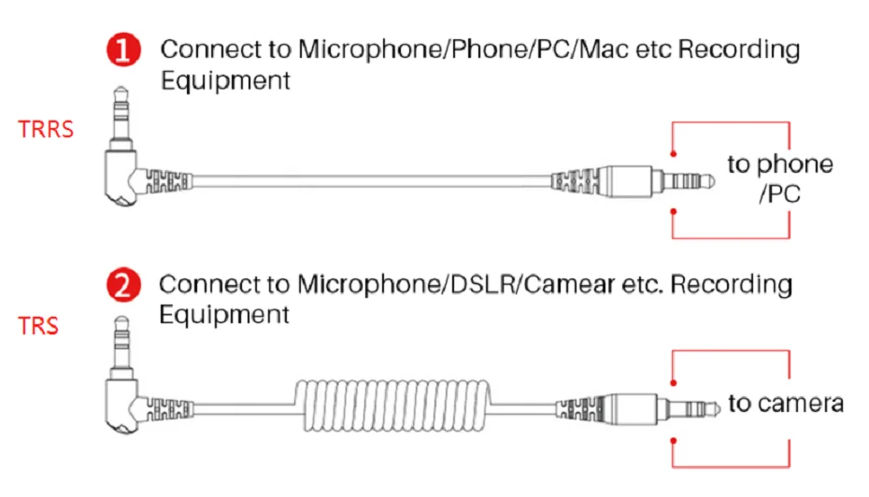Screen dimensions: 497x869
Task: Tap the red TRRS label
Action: click(46, 129)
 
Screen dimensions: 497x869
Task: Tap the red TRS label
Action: click(38, 326)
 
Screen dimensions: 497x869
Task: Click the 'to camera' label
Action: click(786, 404)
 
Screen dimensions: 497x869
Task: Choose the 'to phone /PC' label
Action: click(780, 179)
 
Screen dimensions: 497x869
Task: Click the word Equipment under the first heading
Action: click(225, 80)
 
